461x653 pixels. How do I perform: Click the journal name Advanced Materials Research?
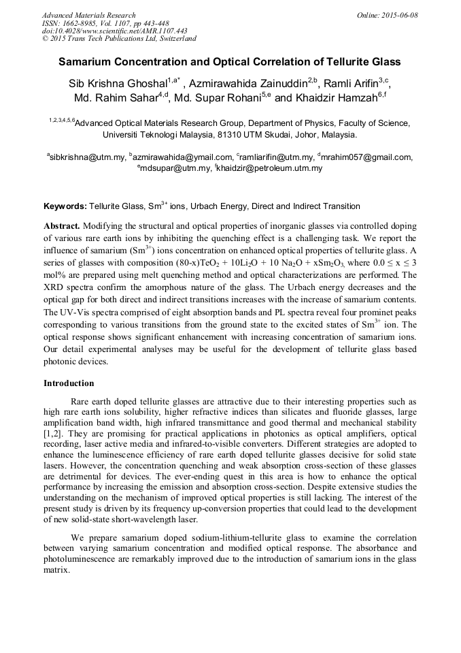tap(88, 15)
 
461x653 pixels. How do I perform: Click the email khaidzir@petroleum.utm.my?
tap(270, 168)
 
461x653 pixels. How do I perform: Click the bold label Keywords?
tap(65, 206)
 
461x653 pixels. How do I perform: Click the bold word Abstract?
tap(62, 225)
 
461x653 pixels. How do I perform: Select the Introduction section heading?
tap(69, 383)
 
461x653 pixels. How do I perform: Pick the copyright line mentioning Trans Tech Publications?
tap(119, 39)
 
